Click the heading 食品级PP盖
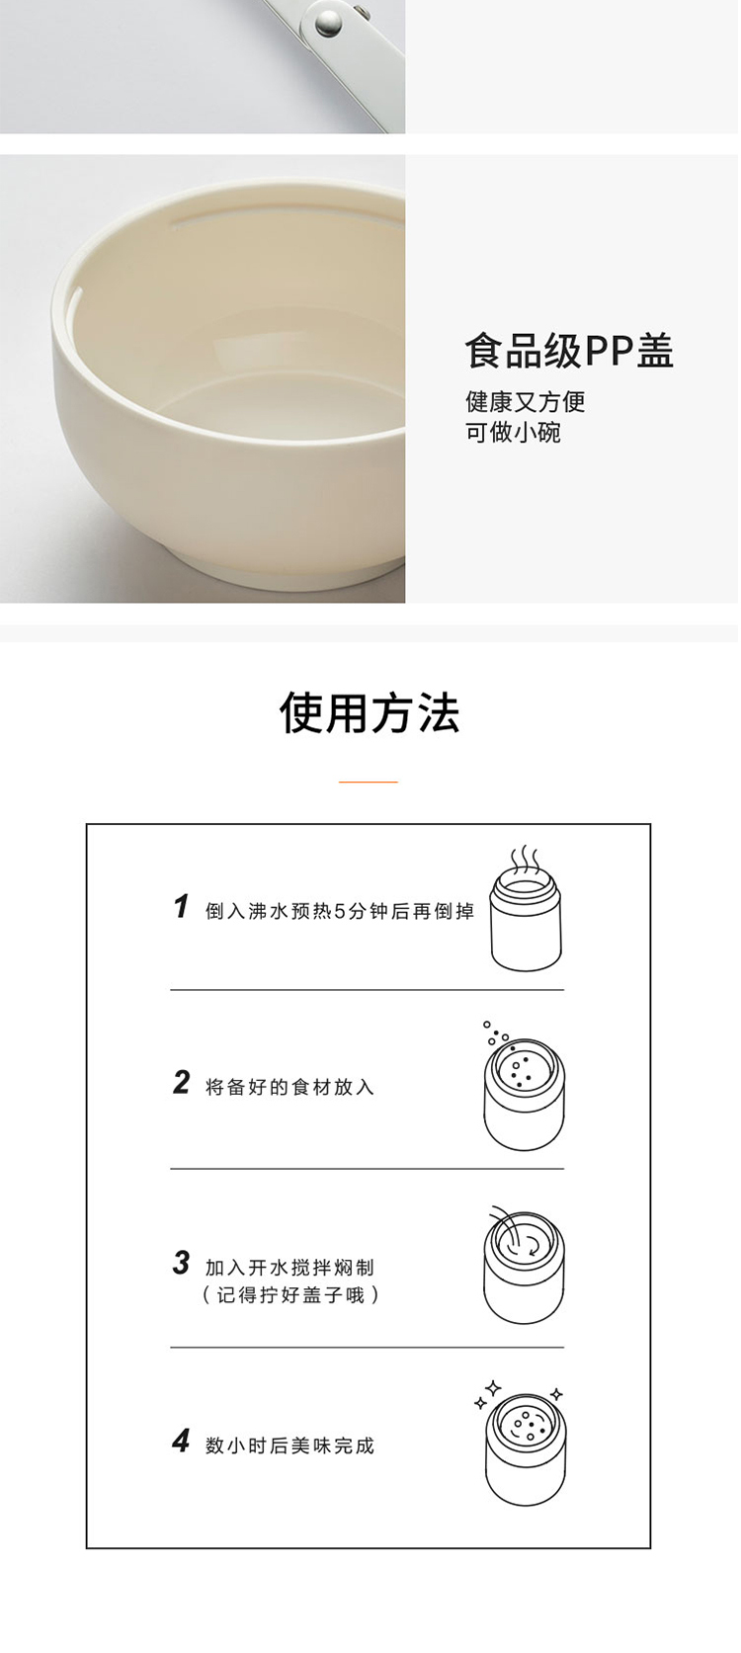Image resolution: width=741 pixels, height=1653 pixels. click(570, 352)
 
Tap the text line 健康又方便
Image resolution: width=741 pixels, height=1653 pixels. click(526, 402)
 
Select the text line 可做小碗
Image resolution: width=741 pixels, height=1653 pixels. click(513, 433)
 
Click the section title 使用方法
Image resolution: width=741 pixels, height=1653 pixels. click(370, 713)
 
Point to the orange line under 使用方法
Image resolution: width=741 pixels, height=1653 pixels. click(369, 782)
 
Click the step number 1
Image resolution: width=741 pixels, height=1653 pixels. click(182, 907)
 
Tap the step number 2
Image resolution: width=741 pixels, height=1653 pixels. click(182, 1083)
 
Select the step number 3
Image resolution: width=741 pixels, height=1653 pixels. click(182, 1263)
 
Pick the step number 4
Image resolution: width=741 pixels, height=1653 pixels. click(182, 1441)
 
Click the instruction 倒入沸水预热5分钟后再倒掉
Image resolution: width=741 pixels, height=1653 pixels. click(340, 911)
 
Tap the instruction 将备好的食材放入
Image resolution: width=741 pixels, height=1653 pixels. click(290, 1087)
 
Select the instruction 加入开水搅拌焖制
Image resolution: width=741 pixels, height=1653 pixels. click(290, 1268)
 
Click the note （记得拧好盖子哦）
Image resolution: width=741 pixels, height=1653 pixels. click(290, 1295)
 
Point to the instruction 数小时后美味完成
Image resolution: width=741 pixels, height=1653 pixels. click(290, 1446)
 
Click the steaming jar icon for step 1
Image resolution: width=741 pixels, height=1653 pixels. click(527, 909)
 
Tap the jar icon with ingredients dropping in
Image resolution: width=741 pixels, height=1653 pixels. click(524, 1086)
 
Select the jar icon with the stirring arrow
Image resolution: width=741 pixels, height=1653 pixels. click(524, 1265)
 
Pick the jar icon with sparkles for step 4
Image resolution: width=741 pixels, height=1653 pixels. click(524, 1443)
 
